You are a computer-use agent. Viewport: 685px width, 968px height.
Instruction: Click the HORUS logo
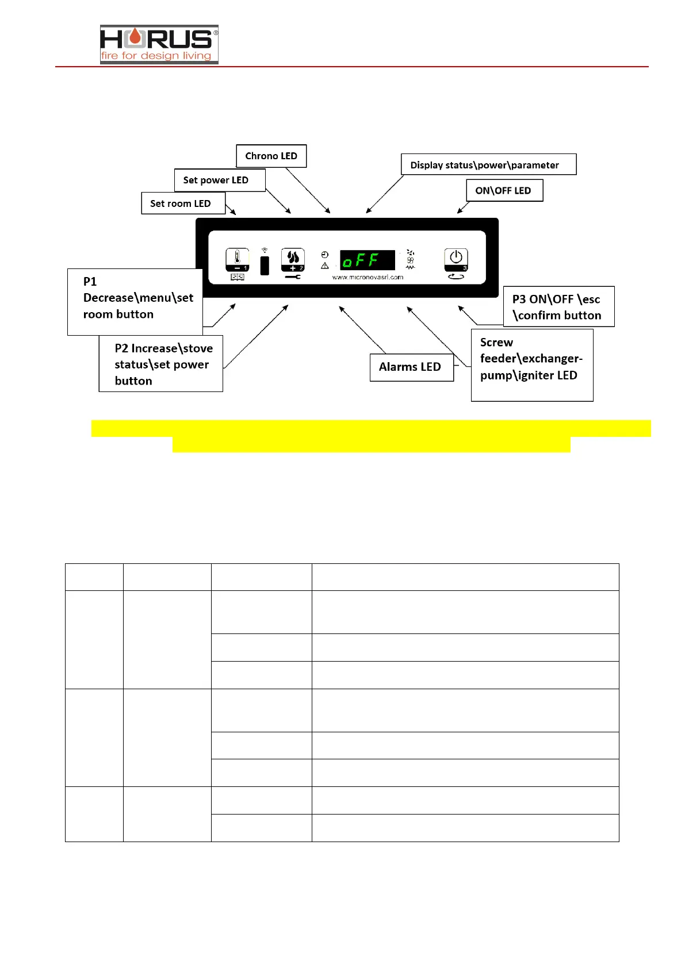point(159,44)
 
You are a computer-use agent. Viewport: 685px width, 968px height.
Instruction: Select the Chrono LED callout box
point(271,156)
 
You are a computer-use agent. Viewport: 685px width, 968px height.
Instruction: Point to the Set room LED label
point(181,203)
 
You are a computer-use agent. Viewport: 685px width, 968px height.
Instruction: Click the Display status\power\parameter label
point(484,165)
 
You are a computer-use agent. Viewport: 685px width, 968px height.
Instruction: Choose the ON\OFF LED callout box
point(503,190)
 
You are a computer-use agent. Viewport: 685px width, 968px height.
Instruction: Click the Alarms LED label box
point(410,367)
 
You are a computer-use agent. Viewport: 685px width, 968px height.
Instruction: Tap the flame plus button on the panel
point(293,260)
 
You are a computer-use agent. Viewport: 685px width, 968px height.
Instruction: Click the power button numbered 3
point(456,259)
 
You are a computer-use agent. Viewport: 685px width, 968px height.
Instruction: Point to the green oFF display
point(367,260)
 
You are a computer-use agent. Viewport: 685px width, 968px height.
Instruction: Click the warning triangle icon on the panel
point(325,266)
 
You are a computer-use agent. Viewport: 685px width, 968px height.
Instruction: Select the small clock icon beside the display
point(325,255)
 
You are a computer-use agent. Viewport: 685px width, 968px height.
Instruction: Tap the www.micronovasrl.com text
point(368,277)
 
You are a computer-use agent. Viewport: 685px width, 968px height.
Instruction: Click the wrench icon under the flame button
point(293,277)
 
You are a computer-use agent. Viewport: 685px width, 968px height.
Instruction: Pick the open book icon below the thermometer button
point(238,277)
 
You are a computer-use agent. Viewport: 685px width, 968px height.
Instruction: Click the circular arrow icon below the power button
point(456,276)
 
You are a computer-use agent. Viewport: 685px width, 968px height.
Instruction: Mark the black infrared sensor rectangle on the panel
point(265,266)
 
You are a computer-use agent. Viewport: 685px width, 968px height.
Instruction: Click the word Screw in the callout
point(496,343)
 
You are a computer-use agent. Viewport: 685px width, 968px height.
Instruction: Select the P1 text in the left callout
point(90,282)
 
